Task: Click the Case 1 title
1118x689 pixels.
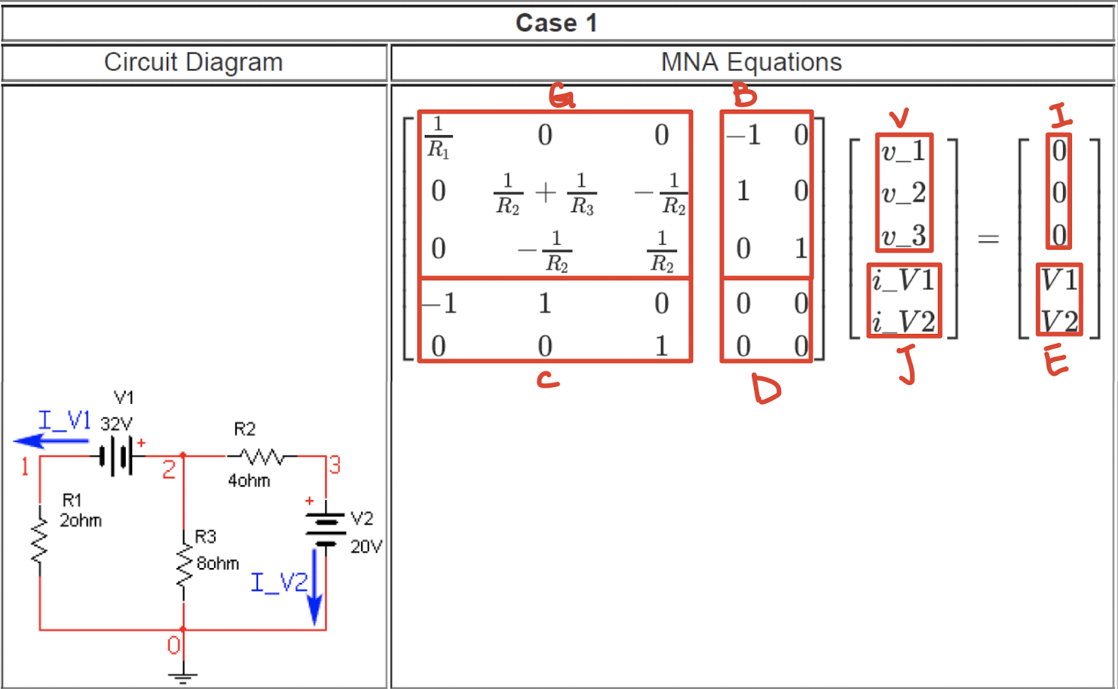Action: point(557,23)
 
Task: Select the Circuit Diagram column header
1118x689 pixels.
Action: point(193,62)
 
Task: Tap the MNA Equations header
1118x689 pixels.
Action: point(751,62)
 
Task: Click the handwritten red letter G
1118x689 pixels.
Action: point(562,96)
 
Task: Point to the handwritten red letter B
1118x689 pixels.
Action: point(744,95)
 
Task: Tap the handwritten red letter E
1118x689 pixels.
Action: point(1056,362)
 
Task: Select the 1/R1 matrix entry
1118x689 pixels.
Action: point(438,137)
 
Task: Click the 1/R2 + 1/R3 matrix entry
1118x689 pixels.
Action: point(545,192)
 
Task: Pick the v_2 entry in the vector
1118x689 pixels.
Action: point(903,192)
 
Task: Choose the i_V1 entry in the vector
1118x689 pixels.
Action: point(903,280)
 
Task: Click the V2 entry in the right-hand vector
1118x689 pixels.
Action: point(1059,322)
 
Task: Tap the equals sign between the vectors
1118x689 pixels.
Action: point(988,239)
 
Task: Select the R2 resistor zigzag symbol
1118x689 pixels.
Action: point(262,456)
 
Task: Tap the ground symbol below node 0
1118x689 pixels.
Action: point(183,677)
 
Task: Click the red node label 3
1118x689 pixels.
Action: point(335,465)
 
